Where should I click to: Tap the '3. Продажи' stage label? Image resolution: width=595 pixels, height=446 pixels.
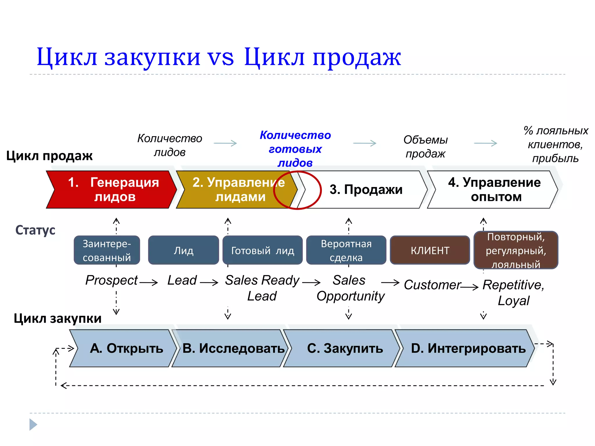point(366,190)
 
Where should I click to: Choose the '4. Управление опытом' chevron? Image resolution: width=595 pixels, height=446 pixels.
point(494,190)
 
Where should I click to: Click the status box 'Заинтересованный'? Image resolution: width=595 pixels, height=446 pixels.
point(107,250)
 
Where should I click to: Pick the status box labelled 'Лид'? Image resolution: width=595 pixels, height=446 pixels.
point(183,250)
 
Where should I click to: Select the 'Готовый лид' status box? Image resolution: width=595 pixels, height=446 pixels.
point(262,250)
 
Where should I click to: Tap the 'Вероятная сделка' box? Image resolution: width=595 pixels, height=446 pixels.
point(346,250)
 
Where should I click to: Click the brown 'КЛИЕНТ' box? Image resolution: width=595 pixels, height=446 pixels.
point(430,250)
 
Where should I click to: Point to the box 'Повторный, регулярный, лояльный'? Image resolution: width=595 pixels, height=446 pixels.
point(516,250)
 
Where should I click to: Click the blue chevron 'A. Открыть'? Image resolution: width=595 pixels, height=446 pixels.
point(123,348)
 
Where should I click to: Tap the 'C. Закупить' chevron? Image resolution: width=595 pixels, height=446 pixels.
point(343,348)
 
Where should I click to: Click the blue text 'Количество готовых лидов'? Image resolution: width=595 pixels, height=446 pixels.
point(295,149)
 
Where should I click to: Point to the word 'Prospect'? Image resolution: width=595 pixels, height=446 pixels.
point(112,280)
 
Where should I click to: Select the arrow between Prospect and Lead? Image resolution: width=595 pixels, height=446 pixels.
point(148,282)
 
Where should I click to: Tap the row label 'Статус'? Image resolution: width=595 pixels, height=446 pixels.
point(35,230)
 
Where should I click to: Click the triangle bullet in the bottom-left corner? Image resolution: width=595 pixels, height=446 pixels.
point(33,425)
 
